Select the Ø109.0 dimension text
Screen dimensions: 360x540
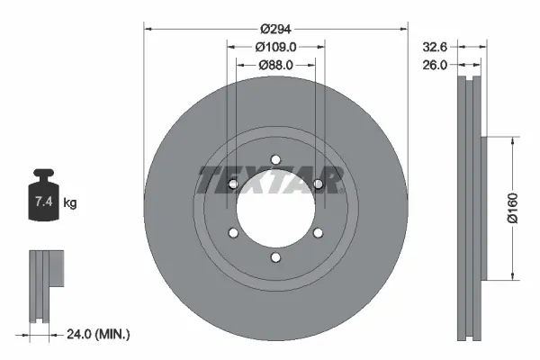click(275, 47)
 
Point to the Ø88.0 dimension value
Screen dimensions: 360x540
click(275, 65)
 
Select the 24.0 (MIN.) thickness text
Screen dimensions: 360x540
click(99, 334)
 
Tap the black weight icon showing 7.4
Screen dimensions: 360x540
click(44, 193)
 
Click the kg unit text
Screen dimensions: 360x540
click(69, 203)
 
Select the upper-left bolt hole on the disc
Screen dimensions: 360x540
click(233, 184)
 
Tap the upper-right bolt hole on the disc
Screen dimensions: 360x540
click(318, 184)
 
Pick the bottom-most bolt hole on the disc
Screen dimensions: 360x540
click(275, 258)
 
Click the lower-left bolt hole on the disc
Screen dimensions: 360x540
click(233, 234)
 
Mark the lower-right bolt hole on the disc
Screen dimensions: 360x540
click(318, 234)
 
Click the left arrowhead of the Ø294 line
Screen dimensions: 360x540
click(148, 30)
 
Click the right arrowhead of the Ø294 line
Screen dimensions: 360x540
click(404, 30)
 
